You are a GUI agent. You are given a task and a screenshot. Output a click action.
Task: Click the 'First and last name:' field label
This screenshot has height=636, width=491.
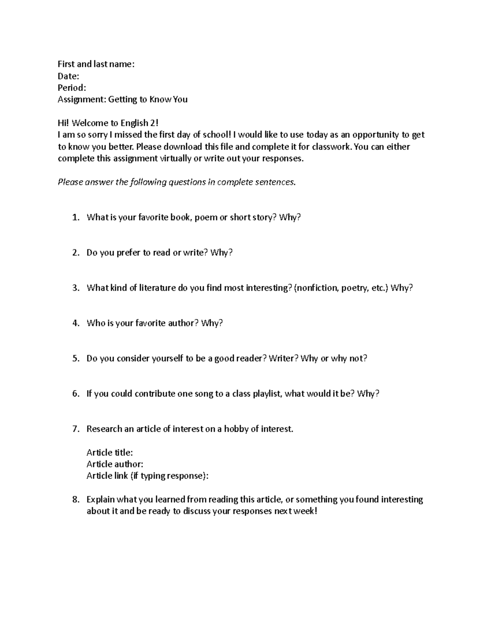pyautogui.click(x=96, y=64)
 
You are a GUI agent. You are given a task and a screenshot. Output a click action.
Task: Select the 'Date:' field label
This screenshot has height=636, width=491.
pyautogui.click(x=68, y=76)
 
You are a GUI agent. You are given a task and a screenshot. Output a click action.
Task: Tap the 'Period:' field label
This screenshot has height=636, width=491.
pyautogui.click(x=72, y=88)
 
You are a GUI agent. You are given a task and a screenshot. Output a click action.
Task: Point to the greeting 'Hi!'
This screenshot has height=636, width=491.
pyautogui.click(x=63, y=123)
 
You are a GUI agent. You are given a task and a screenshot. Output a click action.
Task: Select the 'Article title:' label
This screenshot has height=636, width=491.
pyautogui.click(x=110, y=453)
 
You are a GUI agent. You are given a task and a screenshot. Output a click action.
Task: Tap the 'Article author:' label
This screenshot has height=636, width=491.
pyautogui.click(x=115, y=464)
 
